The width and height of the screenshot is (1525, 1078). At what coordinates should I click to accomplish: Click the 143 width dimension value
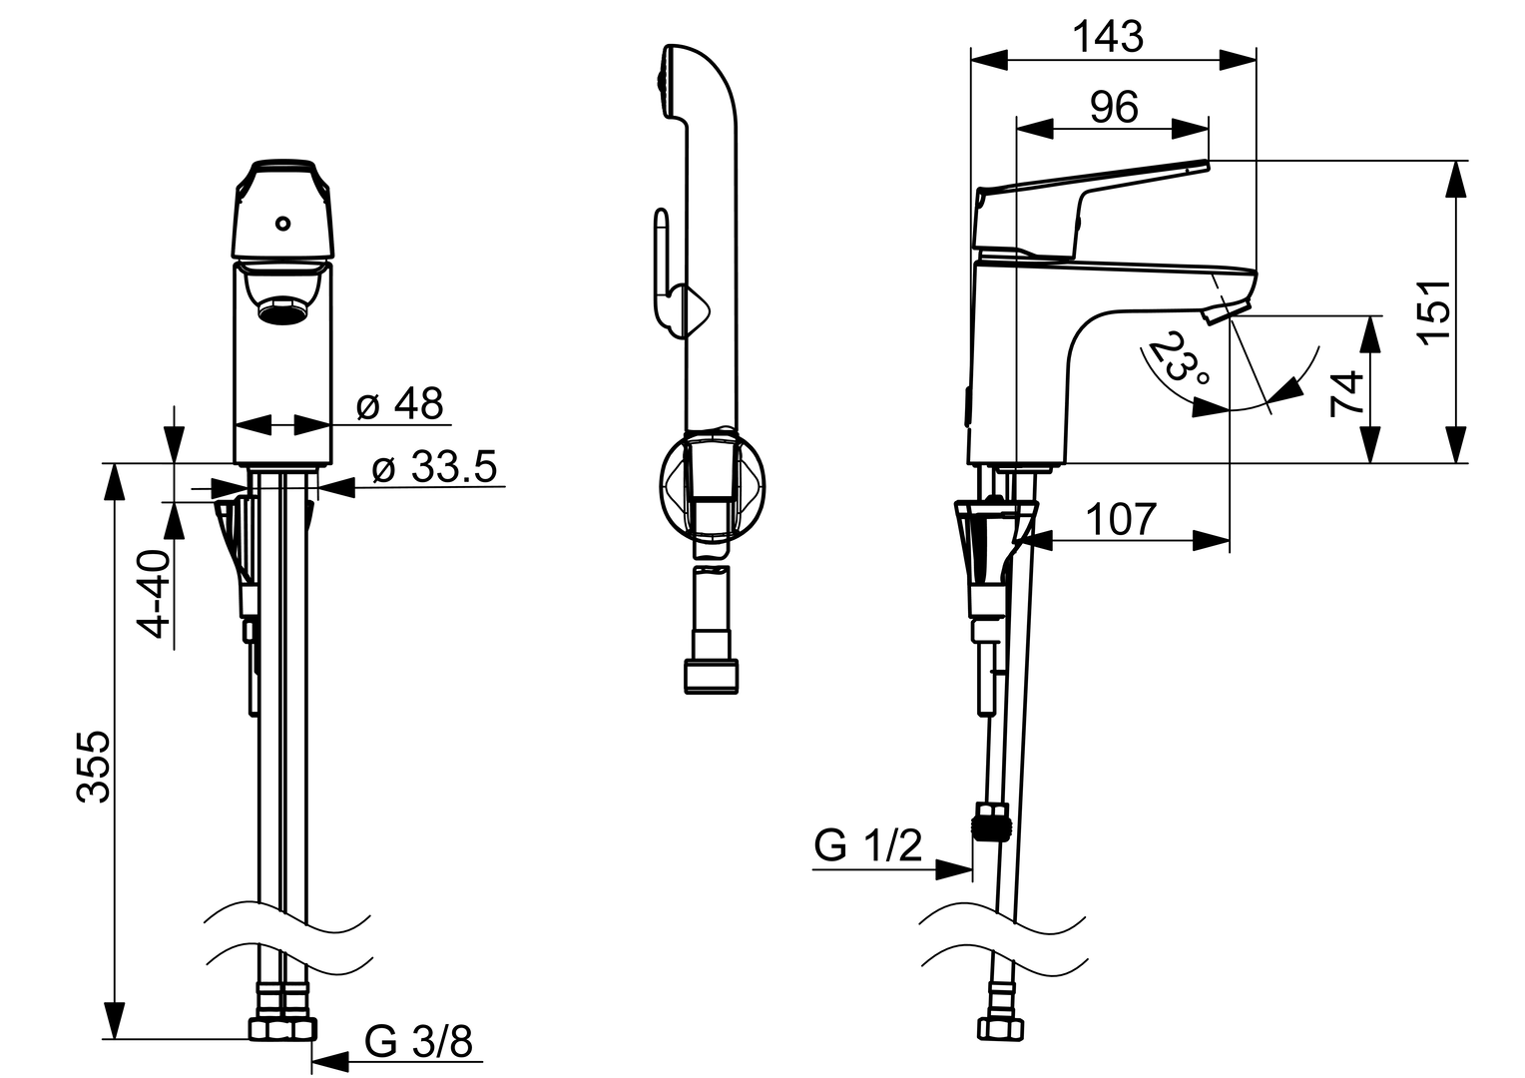[1108, 37]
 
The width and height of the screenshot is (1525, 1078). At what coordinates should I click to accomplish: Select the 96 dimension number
[1114, 107]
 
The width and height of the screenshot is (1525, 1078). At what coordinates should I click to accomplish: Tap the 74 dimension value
[1347, 393]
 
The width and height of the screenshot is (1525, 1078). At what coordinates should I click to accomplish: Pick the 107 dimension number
[1120, 519]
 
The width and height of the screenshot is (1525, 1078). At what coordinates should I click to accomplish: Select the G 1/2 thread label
[868, 845]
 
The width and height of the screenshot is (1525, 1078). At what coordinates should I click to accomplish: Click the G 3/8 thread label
[418, 1040]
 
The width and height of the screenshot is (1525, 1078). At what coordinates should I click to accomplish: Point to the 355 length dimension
[93, 767]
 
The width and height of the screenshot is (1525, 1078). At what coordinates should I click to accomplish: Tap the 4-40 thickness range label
[156, 594]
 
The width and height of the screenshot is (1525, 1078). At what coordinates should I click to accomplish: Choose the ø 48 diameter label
[399, 403]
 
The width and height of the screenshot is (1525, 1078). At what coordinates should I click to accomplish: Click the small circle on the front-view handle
[283, 223]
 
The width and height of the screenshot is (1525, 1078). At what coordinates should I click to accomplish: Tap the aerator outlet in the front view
[283, 308]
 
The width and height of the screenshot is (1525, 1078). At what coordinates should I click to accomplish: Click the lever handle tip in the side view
[1207, 164]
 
